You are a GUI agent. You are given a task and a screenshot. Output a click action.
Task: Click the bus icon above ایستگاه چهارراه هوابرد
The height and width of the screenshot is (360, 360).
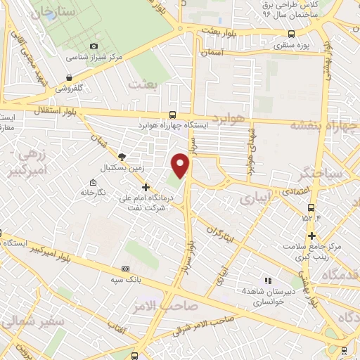tap(173, 115)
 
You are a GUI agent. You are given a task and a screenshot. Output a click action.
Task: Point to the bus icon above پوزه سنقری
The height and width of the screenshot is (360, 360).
tap(291, 33)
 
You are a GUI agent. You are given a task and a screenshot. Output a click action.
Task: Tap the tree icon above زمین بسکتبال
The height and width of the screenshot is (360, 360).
tap(122, 156)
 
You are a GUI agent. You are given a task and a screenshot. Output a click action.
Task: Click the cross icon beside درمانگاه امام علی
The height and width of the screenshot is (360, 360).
tap(146, 187)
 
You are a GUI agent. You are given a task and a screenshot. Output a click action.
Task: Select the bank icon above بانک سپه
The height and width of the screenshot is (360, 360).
tap(126, 269)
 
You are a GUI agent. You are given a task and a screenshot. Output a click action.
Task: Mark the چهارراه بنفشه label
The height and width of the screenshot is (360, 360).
tap(325, 125)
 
